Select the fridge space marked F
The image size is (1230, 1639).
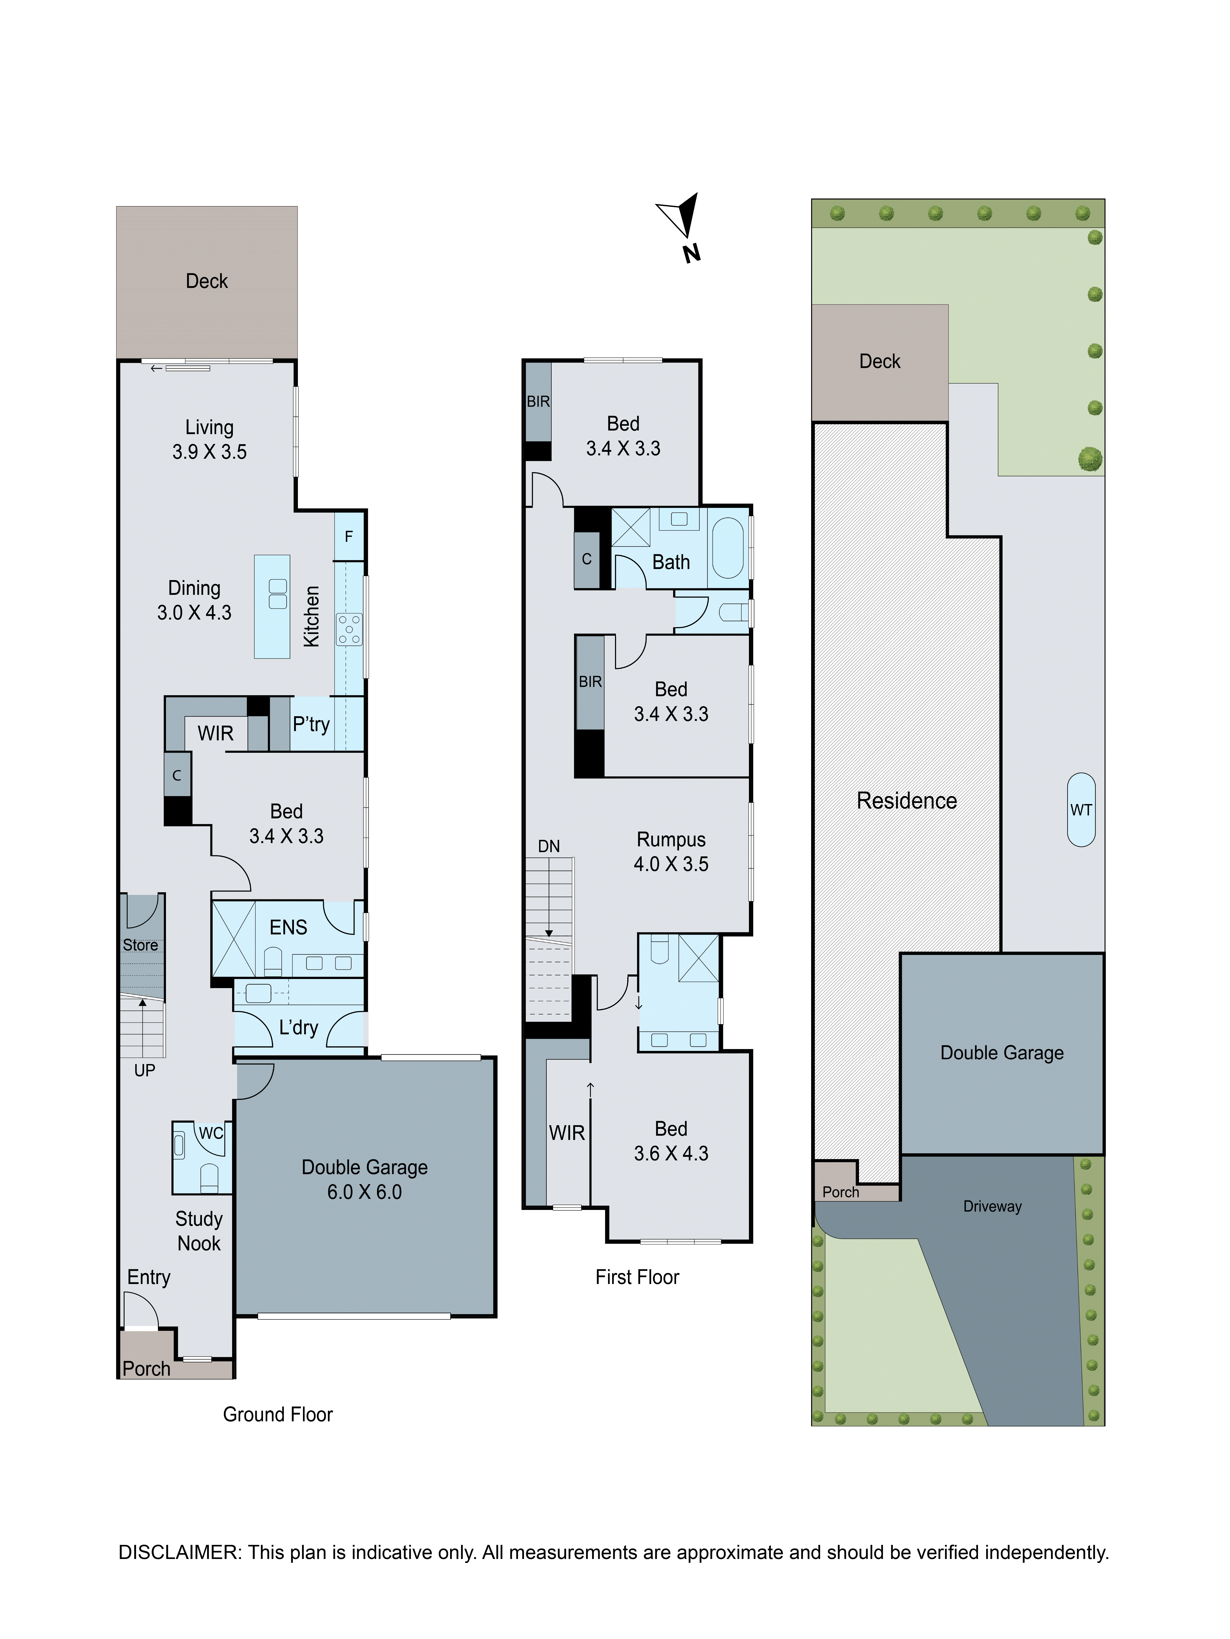[x=348, y=536]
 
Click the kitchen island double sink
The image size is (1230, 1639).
[x=278, y=594]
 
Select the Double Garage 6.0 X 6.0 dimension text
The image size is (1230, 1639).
[x=364, y=1191]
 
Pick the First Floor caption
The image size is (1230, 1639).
[x=637, y=1277]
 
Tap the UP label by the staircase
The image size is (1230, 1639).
[x=144, y=1070]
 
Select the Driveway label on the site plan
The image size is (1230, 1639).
[x=992, y=1206]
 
